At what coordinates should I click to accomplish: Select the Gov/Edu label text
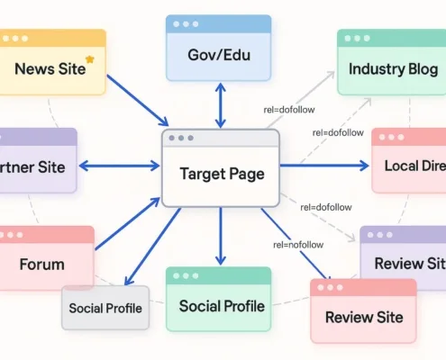pos(219,56)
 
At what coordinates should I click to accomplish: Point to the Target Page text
pos(222,173)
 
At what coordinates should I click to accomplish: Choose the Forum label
pos(41,265)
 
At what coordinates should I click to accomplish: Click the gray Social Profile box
pos(105,309)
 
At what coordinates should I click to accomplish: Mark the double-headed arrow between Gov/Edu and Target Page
pos(221,105)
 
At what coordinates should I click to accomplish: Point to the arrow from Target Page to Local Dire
pos(324,165)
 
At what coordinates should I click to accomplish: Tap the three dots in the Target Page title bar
pos(180,138)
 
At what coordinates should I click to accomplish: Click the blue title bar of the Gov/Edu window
pos(220,23)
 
